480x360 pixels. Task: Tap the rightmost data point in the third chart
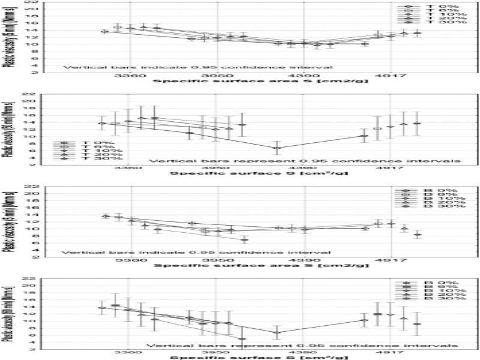(418, 234)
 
